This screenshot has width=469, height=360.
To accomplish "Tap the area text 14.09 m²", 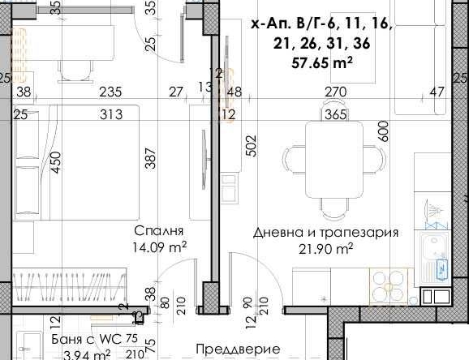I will (x=161, y=246).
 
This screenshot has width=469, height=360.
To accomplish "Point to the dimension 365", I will (x=334, y=115).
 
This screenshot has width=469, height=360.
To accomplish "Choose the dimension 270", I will (x=336, y=92).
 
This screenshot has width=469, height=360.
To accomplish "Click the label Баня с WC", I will (x=81, y=339).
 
